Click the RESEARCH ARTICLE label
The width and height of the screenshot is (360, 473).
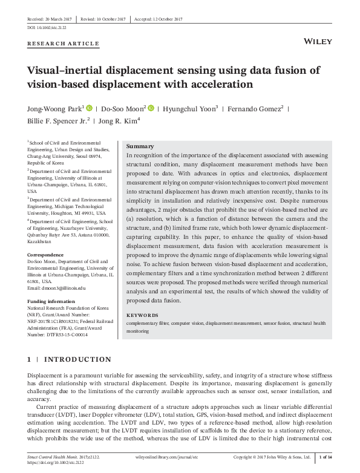(x=64, y=44)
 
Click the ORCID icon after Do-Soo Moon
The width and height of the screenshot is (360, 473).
(x=151, y=109)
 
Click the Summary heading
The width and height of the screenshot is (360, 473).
(x=140, y=146)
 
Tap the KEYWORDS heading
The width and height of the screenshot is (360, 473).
(x=142, y=315)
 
